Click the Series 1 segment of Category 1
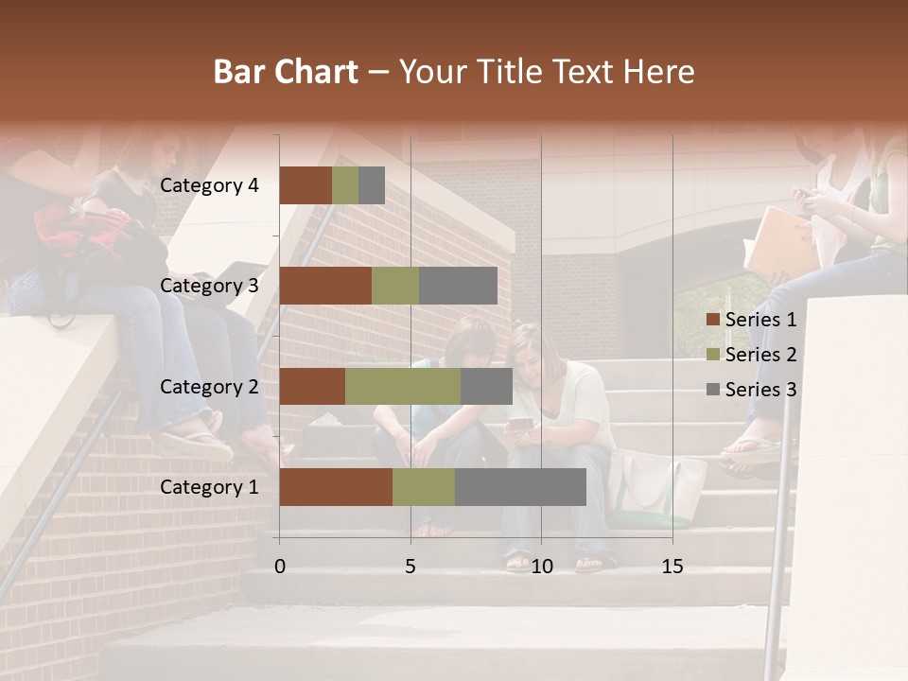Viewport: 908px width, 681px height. tap(336, 487)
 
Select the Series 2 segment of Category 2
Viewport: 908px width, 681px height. tap(403, 386)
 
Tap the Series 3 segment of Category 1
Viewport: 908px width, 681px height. tap(520, 487)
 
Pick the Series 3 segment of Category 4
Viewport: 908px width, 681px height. tap(372, 185)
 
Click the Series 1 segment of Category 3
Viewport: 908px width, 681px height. tap(325, 286)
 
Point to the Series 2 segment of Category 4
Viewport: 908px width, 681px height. tap(345, 185)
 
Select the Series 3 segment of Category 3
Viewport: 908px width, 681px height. tap(458, 286)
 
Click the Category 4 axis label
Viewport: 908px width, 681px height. tap(209, 185)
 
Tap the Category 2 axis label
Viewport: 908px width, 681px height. tap(209, 386)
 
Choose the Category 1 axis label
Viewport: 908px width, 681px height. tap(209, 487)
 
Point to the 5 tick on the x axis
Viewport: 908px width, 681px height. tap(410, 567)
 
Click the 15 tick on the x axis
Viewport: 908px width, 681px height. tap(672, 567)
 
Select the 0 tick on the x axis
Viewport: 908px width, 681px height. tap(280, 567)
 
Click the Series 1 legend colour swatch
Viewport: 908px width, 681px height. tap(713, 320)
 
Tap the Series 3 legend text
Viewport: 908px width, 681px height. tap(760, 390)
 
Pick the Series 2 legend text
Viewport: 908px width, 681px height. tap(760, 355)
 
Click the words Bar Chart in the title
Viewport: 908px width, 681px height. tap(286, 72)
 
